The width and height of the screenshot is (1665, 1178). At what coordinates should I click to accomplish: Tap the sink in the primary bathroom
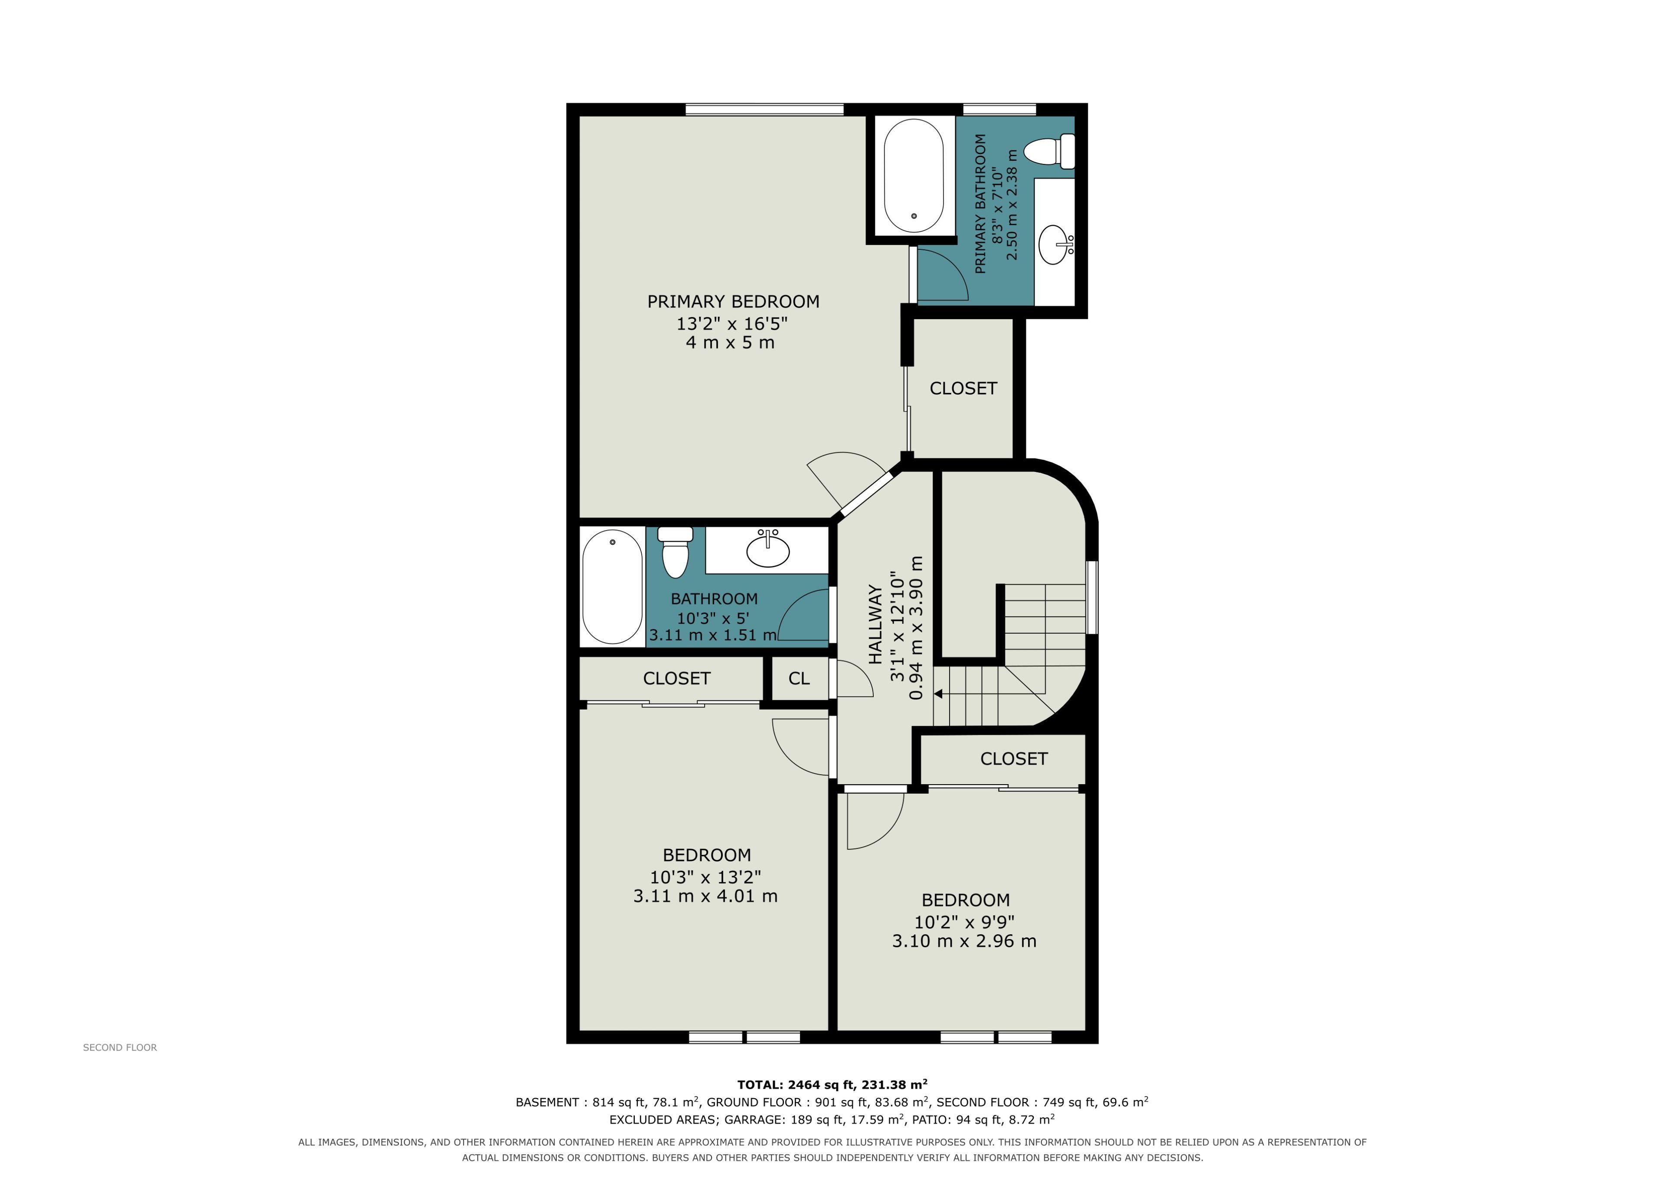tap(1054, 245)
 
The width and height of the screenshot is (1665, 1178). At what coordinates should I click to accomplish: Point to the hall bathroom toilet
tap(675, 551)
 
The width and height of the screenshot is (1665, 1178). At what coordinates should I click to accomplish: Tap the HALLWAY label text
tap(875, 624)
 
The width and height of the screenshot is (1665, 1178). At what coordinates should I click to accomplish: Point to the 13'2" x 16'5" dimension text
tap(732, 323)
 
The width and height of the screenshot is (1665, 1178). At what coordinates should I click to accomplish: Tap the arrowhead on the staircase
tap(938, 694)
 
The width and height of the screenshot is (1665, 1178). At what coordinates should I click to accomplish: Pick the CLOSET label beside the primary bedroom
tap(963, 389)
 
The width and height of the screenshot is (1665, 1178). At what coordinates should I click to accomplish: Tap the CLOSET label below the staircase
tap(1014, 759)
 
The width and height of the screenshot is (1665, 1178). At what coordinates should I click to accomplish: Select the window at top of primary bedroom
tap(764, 110)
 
